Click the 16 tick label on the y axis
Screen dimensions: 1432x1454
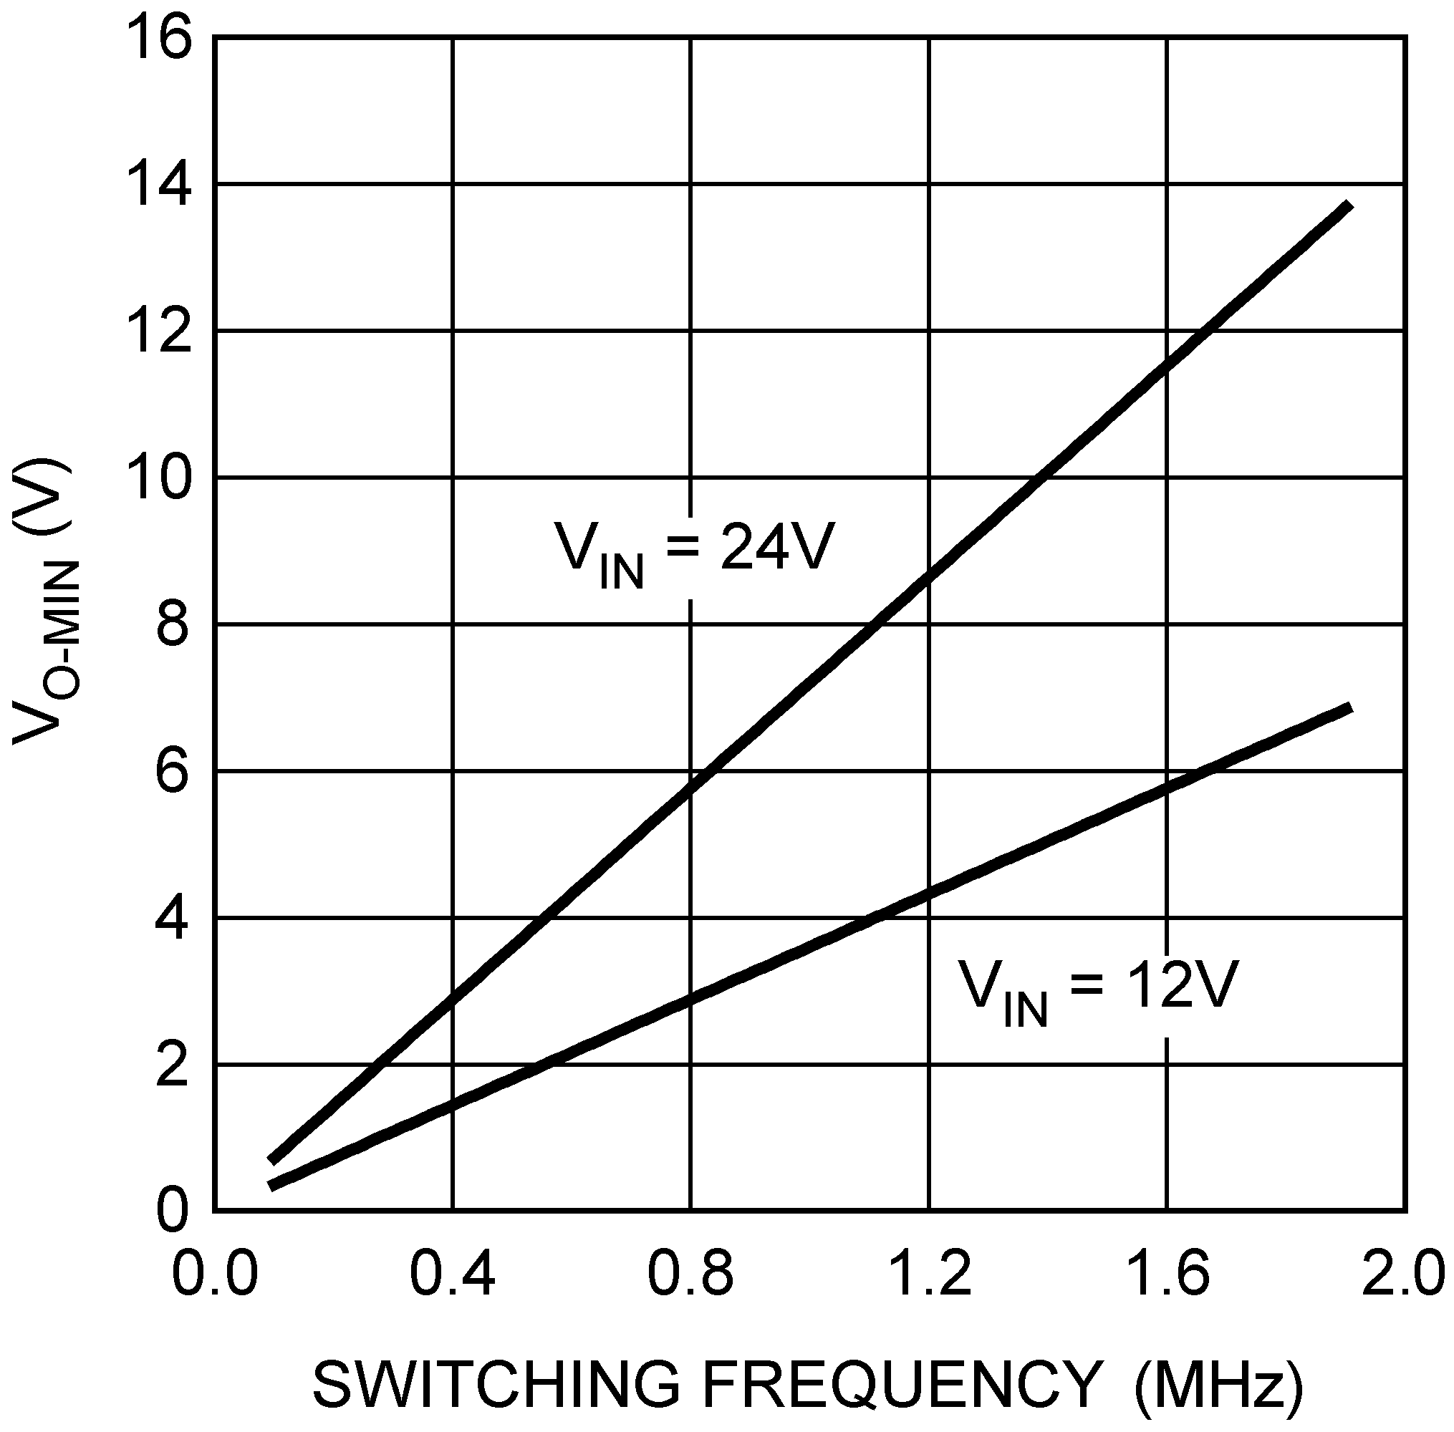click(160, 39)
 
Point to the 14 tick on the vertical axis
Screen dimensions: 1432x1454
click(160, 185)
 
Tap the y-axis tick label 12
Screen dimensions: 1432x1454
click(160, 332)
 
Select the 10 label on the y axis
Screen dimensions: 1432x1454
click(160, 478)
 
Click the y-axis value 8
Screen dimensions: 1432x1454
click(172, 625)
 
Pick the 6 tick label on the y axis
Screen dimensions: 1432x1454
click(172, 773)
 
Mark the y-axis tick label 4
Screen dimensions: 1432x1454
click(172, 919)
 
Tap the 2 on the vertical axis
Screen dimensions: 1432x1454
click(172, 1065)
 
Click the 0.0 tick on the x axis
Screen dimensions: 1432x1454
click(215, 1274)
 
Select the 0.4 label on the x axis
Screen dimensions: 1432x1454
click(453, 1274)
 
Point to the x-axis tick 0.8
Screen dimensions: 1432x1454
click(690, 1274)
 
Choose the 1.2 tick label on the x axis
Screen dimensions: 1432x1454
click(930, 1274)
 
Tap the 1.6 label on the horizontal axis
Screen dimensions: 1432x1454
click(1167, 1274)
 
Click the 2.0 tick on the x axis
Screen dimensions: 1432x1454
click(1404, 1274)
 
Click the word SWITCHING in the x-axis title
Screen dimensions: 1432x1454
click(496, 1384)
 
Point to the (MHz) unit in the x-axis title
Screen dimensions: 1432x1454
click(1218, 1385)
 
